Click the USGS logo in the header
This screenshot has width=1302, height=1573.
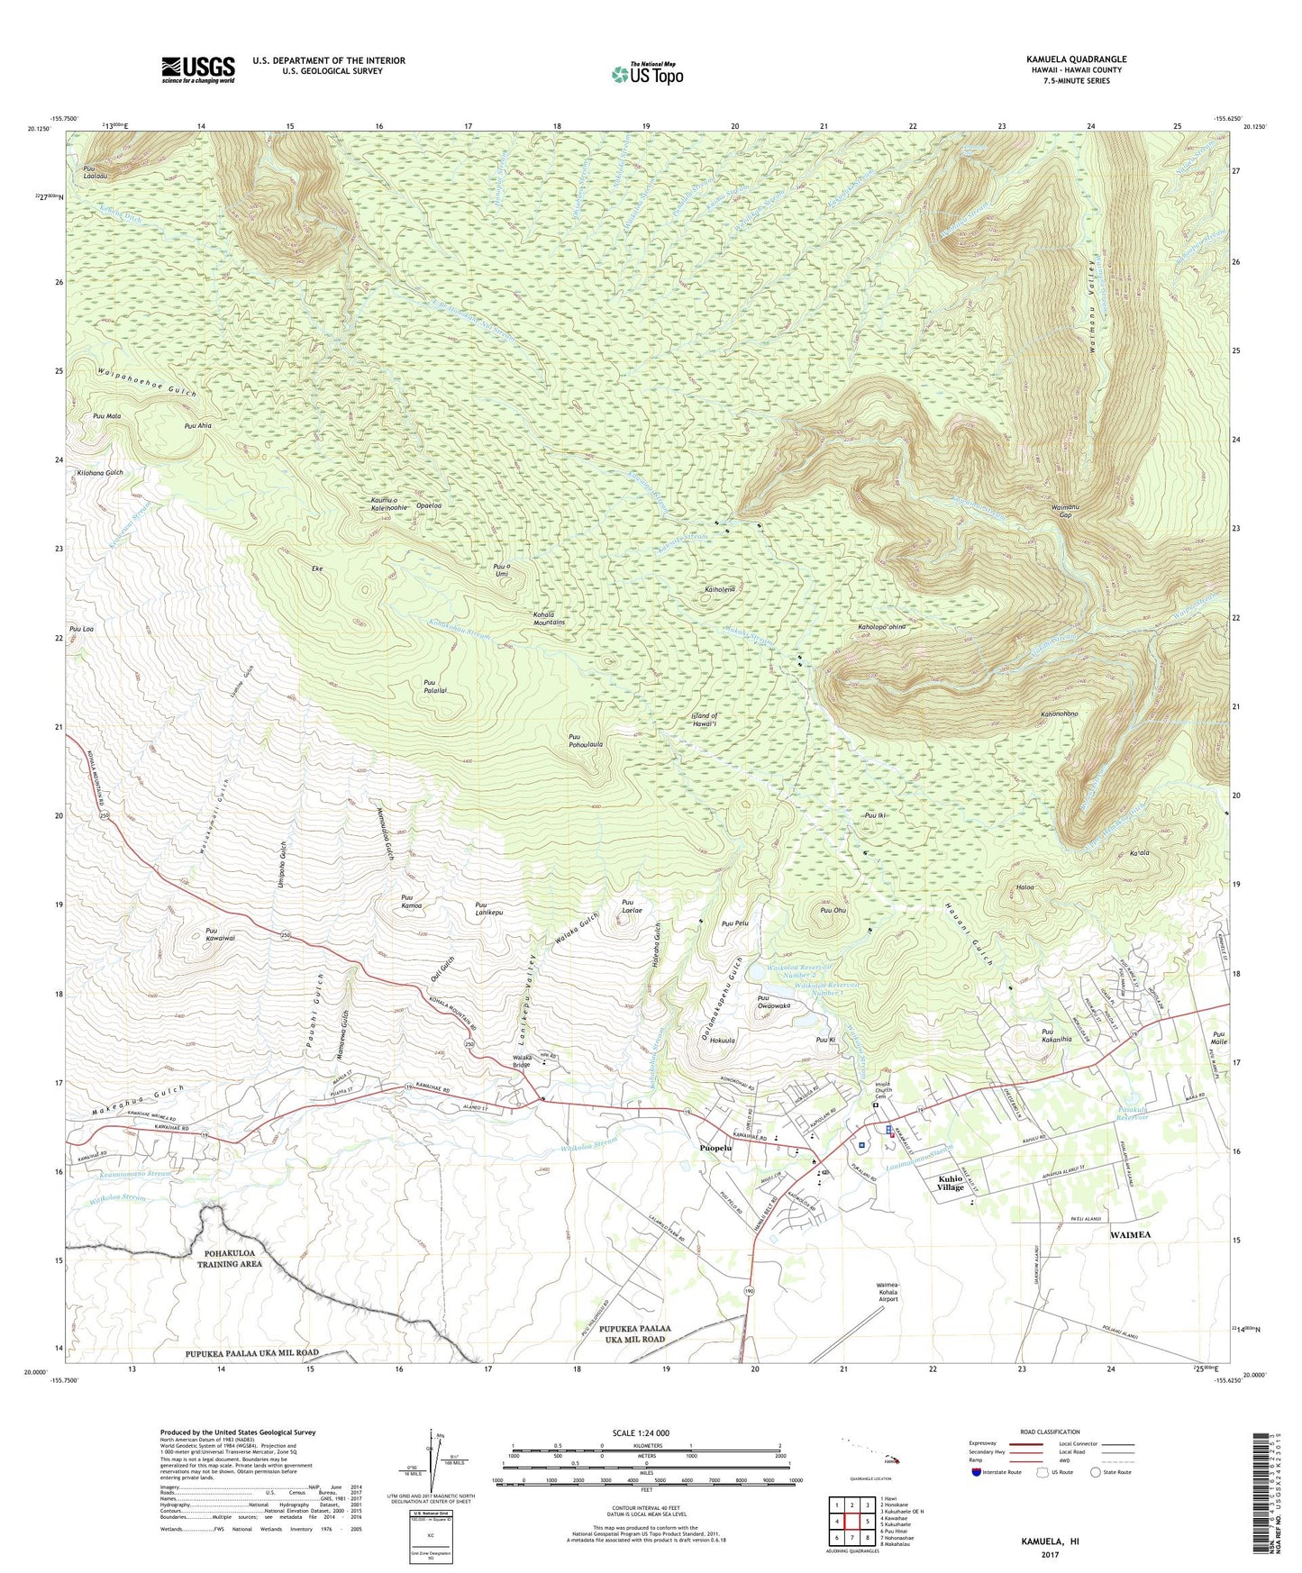198,69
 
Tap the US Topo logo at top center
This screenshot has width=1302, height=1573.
647,74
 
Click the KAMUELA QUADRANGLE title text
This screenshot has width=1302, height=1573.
1076,59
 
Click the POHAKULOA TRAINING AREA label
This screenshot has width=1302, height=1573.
231,1259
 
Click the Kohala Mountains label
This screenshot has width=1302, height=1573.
549,618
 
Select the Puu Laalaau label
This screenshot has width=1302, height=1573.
96,172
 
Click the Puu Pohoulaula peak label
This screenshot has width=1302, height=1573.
586,741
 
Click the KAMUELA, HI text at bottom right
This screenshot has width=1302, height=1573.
1049,1541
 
